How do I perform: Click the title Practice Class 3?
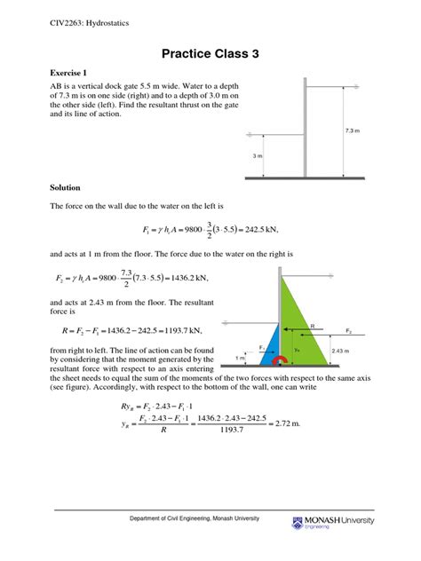click(210, 53)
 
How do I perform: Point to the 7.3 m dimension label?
click(352, 131)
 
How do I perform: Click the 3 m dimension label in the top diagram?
click(257, 156)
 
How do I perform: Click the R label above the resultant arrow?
click(310, 326)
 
